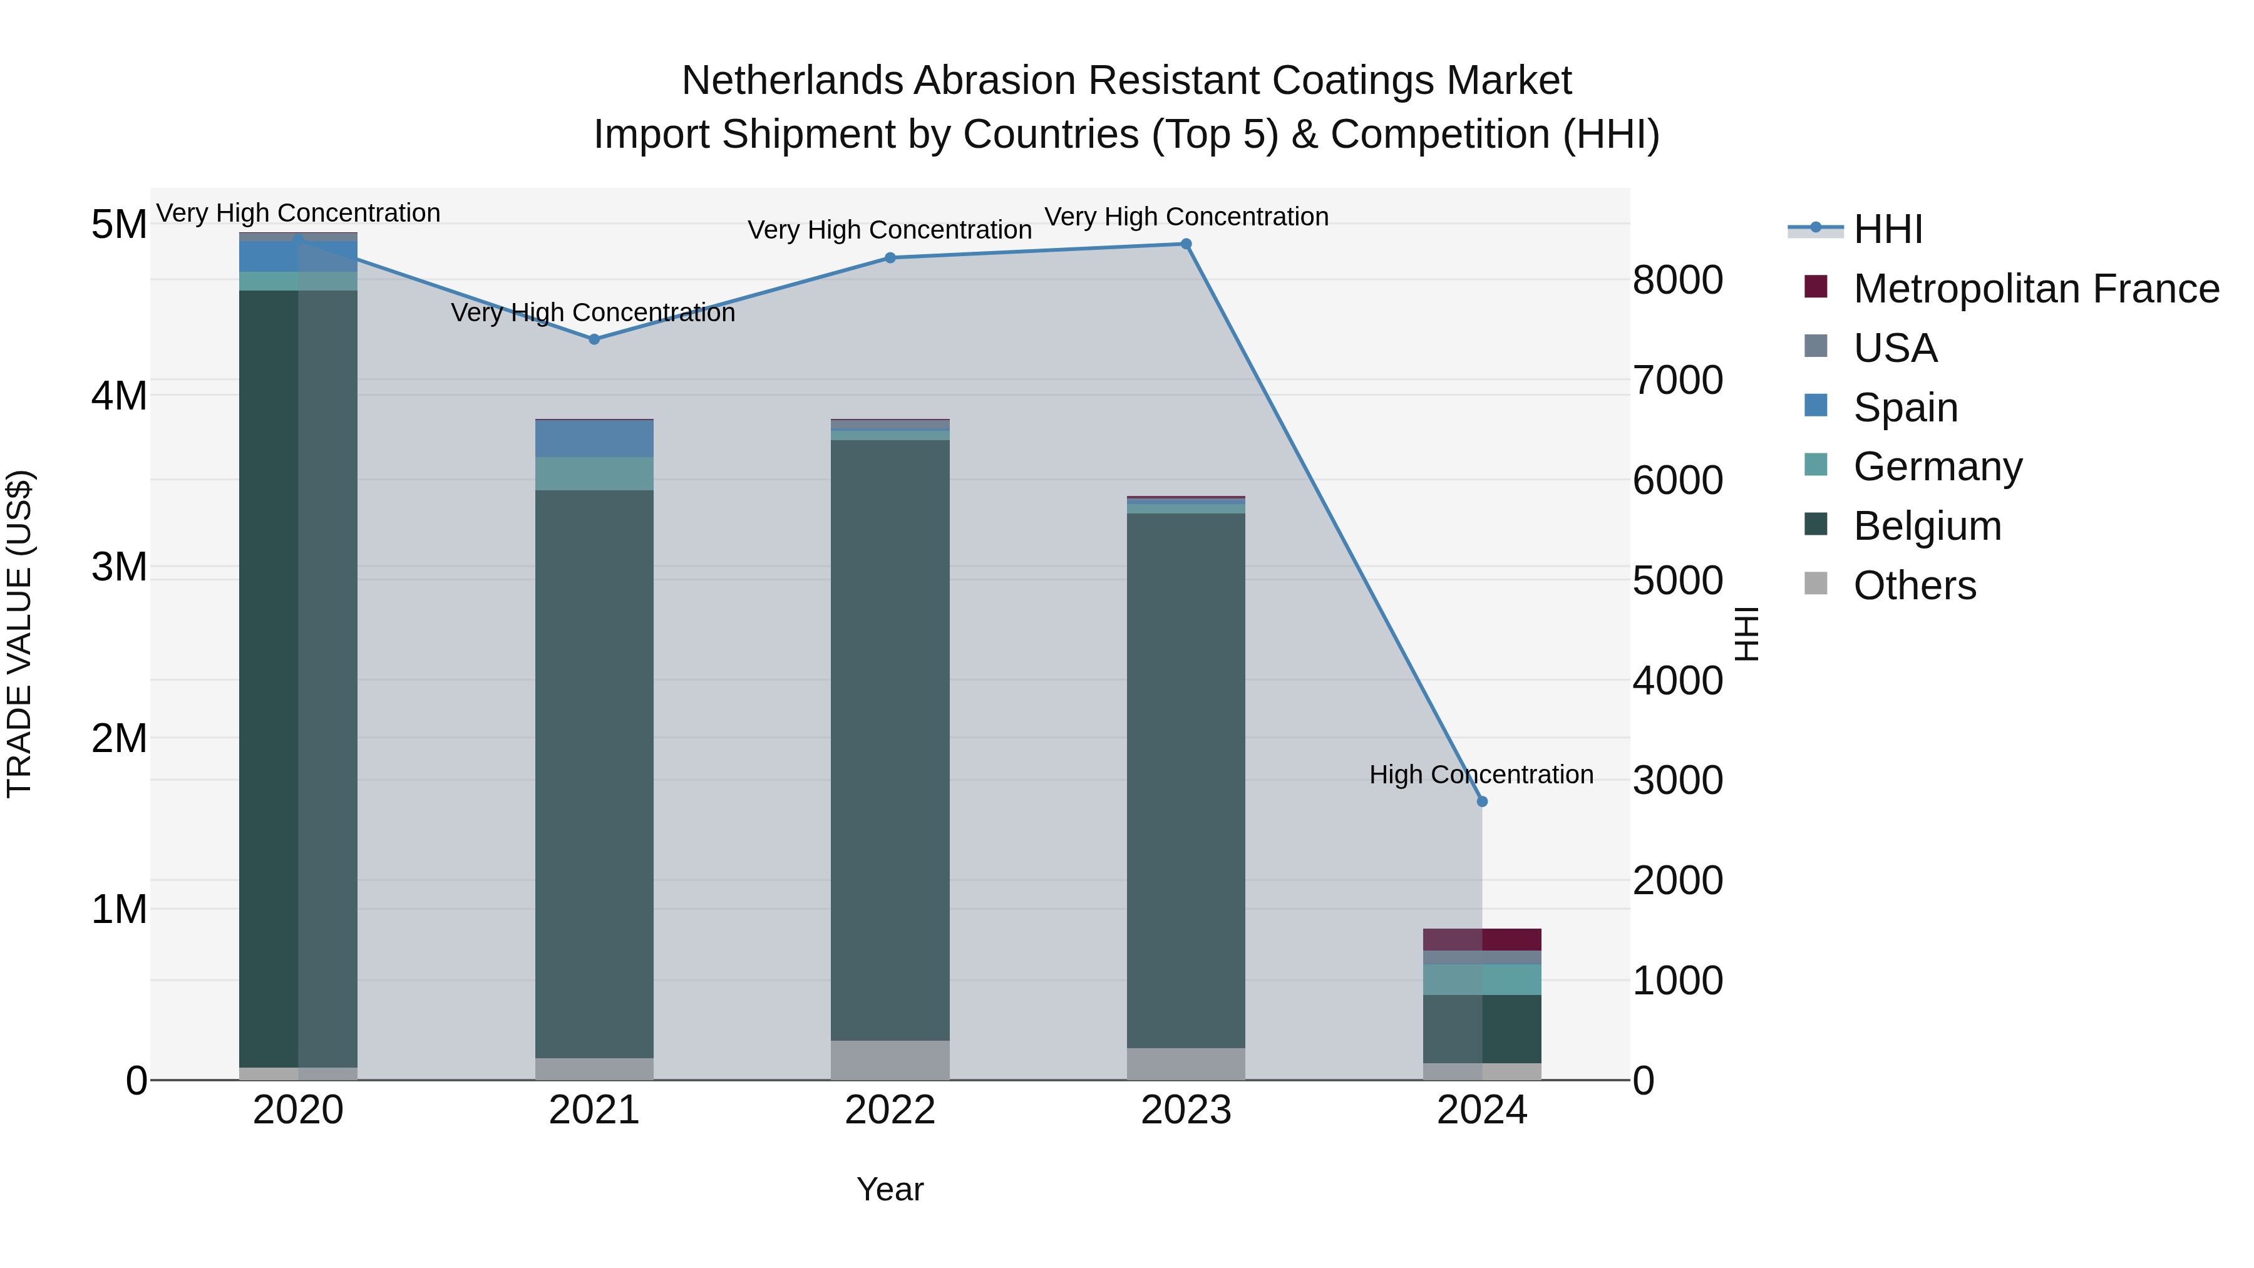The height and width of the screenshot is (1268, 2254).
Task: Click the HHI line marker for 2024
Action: click(x=1481, y=801)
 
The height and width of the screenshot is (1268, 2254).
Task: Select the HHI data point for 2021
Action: click(x=594, y=339)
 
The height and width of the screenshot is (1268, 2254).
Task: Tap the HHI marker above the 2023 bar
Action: click(x=1186, y=244)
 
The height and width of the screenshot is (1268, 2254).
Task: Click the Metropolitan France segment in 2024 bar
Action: click(x=1481, y=939)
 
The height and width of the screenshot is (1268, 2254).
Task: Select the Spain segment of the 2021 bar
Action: click(x=594, y=438)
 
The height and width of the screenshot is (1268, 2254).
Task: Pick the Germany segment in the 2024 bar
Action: click(x=1481, y=979)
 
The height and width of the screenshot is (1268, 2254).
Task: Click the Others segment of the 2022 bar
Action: click(x=890, y=1059)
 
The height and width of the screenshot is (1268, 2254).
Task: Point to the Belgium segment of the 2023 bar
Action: click(x=1186, y=779)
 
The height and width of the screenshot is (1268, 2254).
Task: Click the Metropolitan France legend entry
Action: click(x=2035, y=289)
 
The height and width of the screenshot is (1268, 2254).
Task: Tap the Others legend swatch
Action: click(x=1816, y=584)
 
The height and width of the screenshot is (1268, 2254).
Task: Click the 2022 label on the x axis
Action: click(x=890, y=1110)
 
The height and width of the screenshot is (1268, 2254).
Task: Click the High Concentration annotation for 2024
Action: click(x=1481, y=775)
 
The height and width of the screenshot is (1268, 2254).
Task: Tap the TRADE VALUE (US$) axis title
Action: click(x=19, y=634)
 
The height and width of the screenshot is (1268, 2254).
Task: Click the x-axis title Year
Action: click(x=890, y=1189)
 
